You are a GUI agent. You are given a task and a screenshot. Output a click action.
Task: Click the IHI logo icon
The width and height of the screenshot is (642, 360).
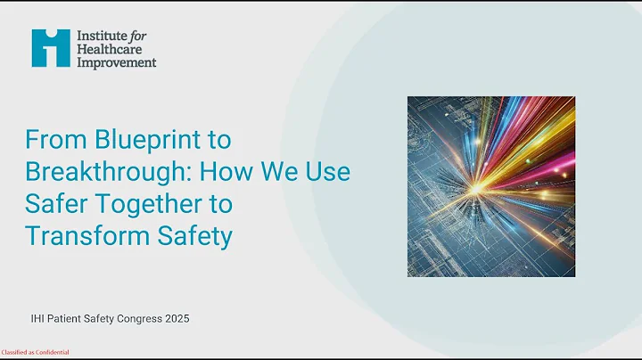coord(51,47)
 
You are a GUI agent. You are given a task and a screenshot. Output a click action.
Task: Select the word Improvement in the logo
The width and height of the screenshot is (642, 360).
coord(116,62)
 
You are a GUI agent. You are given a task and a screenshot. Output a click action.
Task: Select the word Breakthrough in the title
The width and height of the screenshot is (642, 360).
coord(93,173)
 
